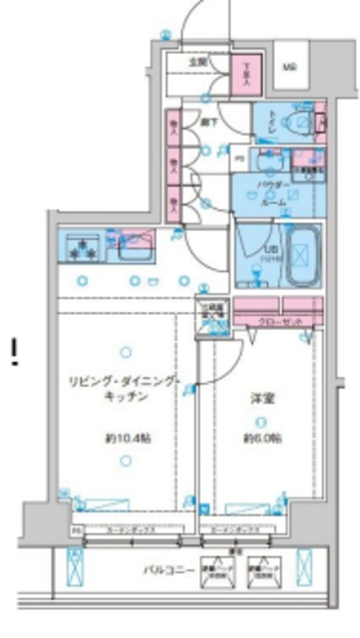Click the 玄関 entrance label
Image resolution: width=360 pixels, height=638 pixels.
click(x=199, y=62)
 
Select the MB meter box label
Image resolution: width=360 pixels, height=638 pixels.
click(x=288, y=68)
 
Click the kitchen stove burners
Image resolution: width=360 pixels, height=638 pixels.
click(x=81, y=249)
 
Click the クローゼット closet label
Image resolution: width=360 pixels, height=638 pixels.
click(x=270, y=323)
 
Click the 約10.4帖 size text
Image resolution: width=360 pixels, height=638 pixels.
click(x=125, y=438)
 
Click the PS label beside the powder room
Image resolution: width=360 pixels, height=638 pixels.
click(x=239, y=158)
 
